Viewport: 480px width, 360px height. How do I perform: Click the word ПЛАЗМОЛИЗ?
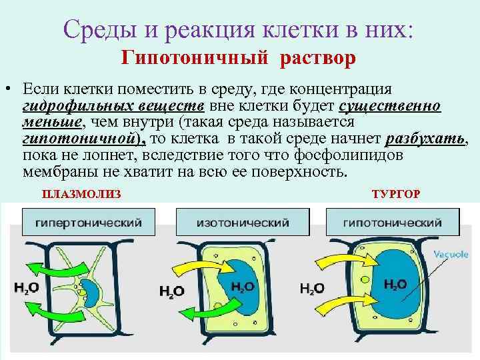82,194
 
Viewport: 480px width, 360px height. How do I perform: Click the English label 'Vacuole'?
452,254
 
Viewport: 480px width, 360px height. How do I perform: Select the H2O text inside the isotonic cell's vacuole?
242,287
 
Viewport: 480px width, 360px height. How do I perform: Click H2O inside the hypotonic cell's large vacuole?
395,285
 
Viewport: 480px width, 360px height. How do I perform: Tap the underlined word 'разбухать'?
427,139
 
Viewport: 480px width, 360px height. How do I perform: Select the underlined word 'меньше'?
52,123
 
